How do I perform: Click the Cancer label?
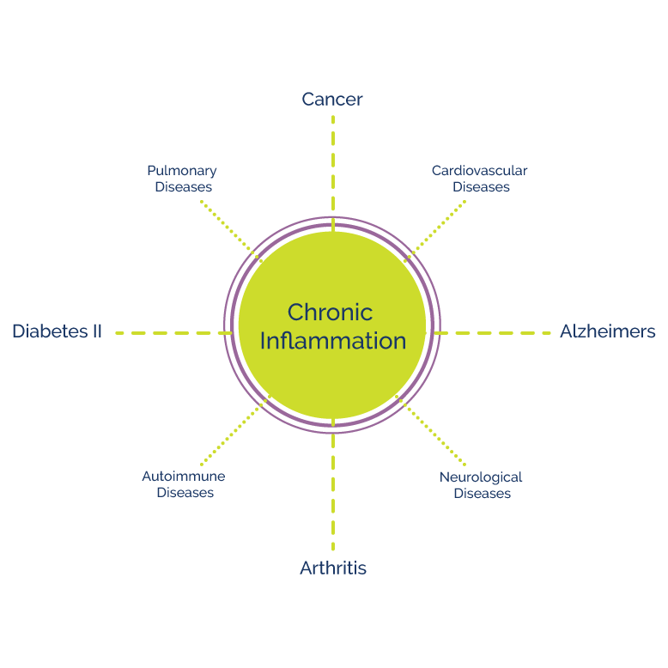332,100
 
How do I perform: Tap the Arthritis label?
333,568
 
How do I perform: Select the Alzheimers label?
608,331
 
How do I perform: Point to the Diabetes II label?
57,331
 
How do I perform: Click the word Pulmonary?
182,171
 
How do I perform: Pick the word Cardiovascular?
479,171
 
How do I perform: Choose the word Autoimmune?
184,477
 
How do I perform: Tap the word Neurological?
481,477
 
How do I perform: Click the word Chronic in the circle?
331,312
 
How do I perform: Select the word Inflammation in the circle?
333,341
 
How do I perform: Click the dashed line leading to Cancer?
333,163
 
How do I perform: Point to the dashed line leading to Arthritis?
333,489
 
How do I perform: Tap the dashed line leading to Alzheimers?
494,332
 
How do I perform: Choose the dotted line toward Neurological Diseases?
432,431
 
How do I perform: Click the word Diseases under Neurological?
483,493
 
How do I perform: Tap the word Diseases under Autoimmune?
185,493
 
